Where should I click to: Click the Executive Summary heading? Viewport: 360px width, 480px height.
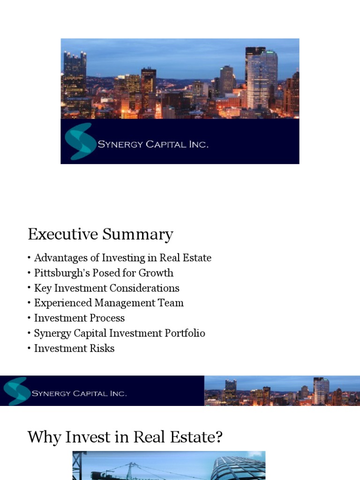[100, 234]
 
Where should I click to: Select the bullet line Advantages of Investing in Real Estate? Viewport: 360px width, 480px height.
[123, 258]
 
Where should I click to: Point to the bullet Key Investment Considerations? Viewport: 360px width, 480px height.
[107, 288]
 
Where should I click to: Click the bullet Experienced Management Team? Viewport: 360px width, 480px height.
[109, 303]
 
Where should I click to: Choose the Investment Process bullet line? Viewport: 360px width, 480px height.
[79, 318]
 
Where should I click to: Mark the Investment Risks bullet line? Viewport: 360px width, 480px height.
[74, 348]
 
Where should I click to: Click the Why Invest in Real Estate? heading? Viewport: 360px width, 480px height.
[125, 437]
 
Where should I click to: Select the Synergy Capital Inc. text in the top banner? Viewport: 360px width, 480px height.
[153, 144]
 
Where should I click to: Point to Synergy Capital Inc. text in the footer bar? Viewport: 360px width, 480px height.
[79, 393]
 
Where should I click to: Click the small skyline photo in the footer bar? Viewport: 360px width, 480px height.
[281, 391]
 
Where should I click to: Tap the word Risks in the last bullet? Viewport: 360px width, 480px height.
[101, 348]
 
